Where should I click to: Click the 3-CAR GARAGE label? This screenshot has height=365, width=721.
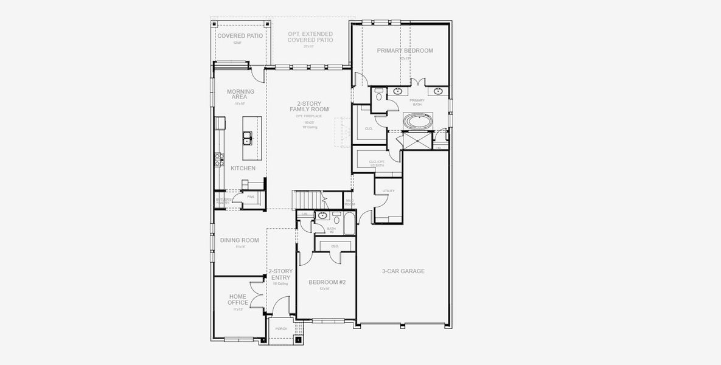click(403, 271)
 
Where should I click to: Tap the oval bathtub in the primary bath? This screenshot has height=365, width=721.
click(419, 121)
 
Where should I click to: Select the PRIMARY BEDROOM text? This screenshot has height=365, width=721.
click(405, 50)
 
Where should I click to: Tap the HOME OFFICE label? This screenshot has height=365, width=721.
click(237, 300)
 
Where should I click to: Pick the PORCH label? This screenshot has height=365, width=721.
click(281, 328)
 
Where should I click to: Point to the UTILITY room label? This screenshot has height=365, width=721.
click(388, 191)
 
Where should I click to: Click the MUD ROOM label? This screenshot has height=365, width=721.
click(349, 202)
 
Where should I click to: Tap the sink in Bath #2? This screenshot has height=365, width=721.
click(321, 215)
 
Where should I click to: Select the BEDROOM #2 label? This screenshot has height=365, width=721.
click(327, 282)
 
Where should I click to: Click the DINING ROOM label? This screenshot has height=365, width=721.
click(239, 240)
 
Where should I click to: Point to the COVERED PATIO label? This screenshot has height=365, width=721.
click(240, 36)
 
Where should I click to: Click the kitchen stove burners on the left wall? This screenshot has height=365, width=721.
click(218, 159)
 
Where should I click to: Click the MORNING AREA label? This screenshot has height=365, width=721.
click(240, 94)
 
